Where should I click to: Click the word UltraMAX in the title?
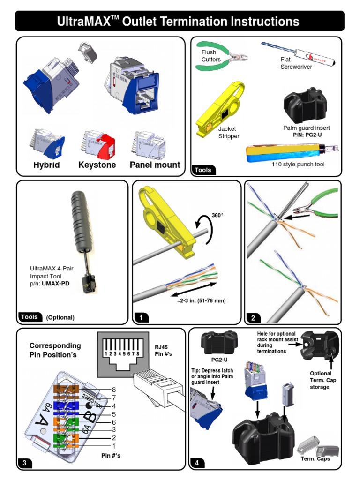click(x=86, y=21)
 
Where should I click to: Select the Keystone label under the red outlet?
click(x=97, y=165)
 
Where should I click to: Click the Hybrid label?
click(x=46, y=165)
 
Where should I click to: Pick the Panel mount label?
click(x=155, y=165)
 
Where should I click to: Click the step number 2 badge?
click(x=253, y=318)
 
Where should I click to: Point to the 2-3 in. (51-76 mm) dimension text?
click(x=202, y=300)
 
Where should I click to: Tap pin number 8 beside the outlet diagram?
click(x=114, y=390)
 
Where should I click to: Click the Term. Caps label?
click(x=315, y=458)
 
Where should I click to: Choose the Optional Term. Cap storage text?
click(x=323, y=380)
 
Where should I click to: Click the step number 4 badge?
click(x=197, y=463)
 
